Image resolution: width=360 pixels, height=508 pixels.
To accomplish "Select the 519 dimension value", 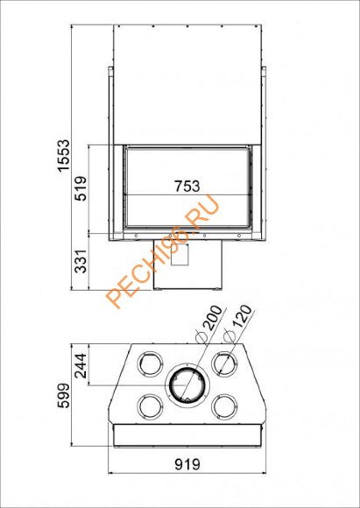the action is [81, 188].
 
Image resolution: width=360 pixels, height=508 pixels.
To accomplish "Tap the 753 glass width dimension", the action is [187, 187].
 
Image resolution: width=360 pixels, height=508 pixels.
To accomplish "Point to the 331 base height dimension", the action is [81, 261].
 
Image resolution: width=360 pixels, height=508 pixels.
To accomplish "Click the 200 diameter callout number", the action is [215, 318].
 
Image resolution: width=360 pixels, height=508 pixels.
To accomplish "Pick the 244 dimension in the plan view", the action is [81, 366].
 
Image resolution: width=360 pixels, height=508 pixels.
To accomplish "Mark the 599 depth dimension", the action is [63, 396].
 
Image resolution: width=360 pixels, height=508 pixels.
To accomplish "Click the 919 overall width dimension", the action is [187, 464].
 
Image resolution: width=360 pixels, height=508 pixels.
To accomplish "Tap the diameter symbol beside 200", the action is [200, 338].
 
